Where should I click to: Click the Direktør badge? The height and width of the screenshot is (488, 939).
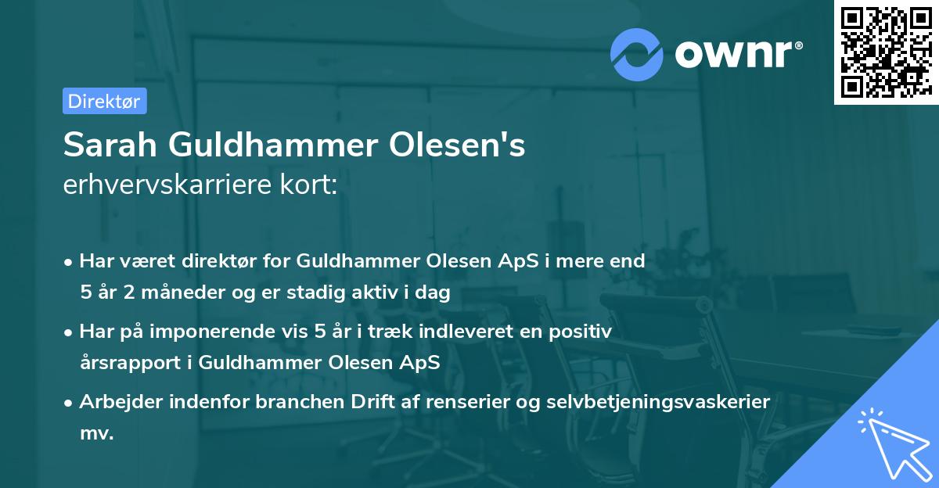[x=104, y=101]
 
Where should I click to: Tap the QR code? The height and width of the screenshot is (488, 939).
[x=886, y=52]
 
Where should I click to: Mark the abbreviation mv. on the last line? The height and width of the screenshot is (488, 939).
[x=97, y=433]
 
